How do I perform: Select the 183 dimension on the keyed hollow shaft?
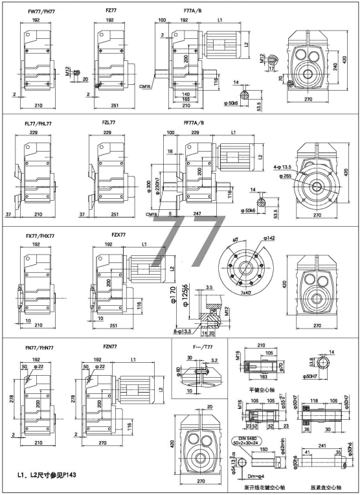coord(263,430)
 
